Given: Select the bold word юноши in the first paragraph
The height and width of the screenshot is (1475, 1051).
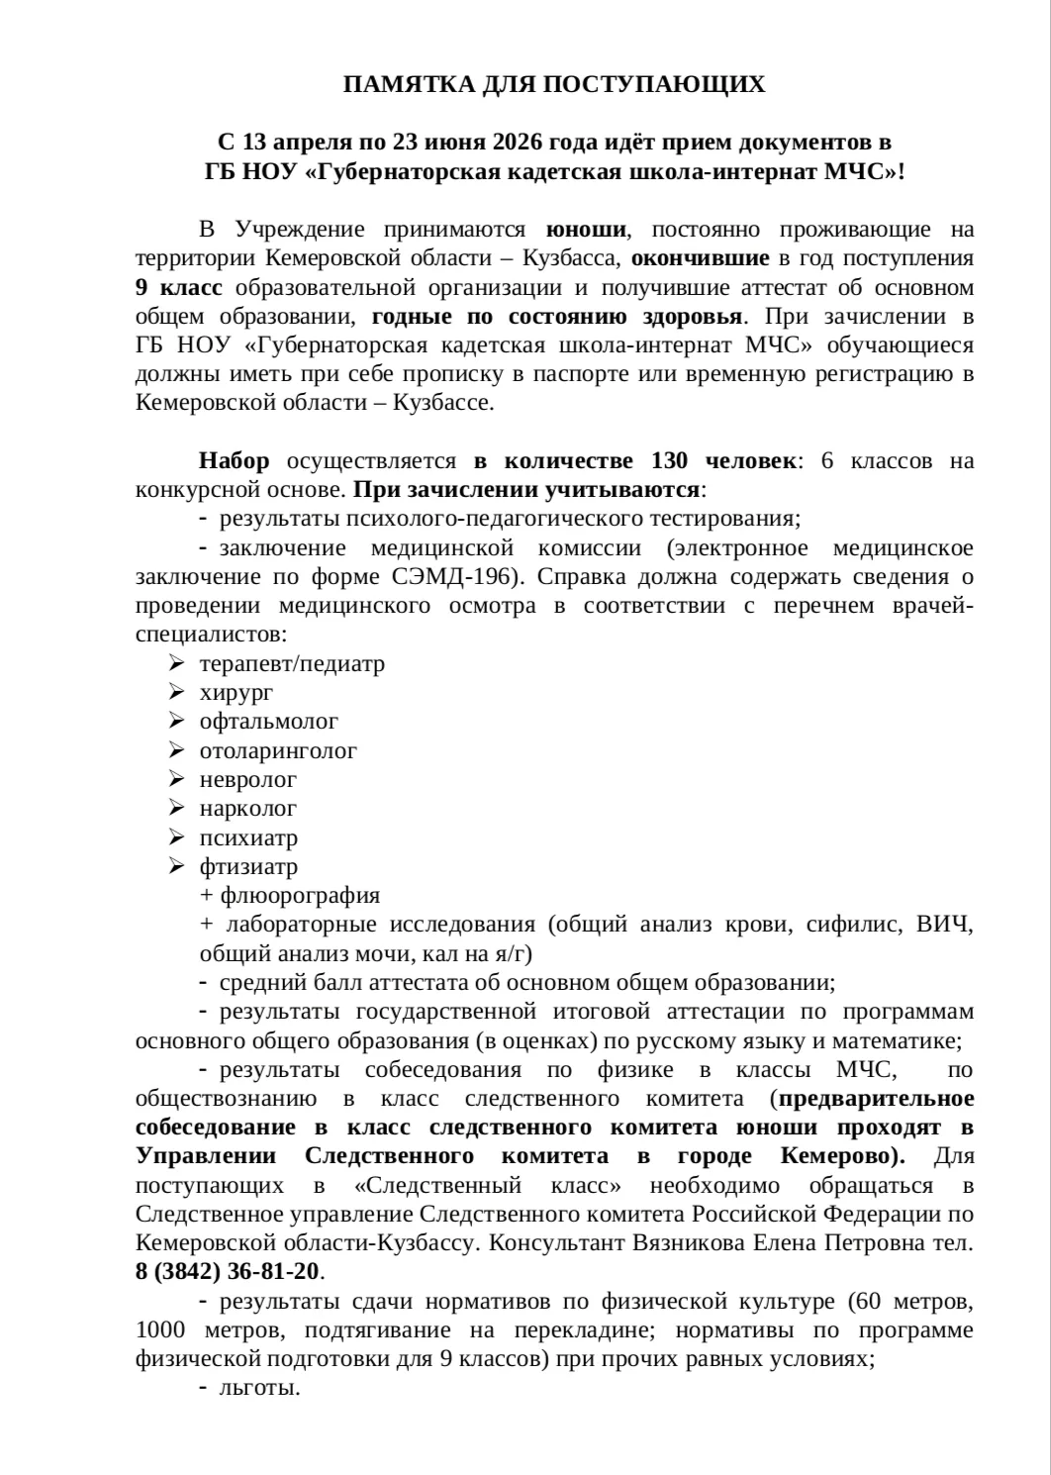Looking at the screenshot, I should click(587, 230).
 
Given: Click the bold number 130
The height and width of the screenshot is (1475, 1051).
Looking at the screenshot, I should click(670, 460).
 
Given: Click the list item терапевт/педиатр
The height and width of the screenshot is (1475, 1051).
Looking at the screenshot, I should click(292, 663).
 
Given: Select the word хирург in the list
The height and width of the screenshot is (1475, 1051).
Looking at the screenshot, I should click(237, 692).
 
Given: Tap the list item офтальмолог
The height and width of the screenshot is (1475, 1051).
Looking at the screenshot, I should click(269, 722).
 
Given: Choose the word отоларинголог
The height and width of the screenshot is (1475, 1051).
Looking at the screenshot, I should click(278, 750).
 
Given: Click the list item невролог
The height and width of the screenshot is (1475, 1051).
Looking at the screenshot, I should click(248, 780).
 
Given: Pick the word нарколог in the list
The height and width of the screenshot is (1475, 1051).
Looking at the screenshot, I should click(248, 809).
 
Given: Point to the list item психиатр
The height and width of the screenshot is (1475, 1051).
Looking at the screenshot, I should click(248, 837).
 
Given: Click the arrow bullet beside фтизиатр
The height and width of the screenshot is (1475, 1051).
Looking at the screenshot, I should click(177, 866).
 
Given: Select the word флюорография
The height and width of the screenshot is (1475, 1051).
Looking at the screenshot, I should click(300, 895).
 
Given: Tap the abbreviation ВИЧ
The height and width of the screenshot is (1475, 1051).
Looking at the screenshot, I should click(945, 925).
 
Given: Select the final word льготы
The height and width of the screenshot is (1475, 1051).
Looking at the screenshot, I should click(259, 1388).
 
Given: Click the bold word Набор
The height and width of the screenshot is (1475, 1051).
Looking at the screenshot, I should click(234, 460).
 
